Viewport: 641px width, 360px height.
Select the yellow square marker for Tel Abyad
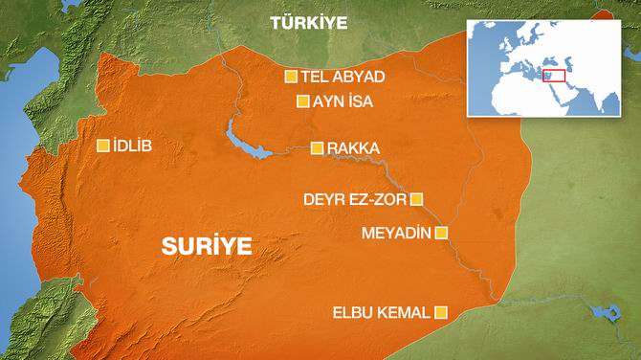(x=291, y=77)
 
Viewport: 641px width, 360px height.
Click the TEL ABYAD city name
(x=343, y=77)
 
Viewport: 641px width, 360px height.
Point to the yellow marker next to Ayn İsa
(x=302, y=101)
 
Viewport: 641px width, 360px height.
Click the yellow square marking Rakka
(x=317, y=147)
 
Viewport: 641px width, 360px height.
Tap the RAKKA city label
(x=353, y=148)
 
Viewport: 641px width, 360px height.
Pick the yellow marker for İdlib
(x=103, y=146)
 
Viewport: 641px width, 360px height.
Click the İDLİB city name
(x=132, y=146)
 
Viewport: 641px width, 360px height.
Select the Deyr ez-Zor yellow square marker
(x=416, y=199)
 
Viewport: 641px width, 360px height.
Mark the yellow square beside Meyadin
(x=441, y=232)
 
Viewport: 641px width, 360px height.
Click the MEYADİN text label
(x=396, y=233)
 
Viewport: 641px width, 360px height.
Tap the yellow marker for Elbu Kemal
(x=441, y=311)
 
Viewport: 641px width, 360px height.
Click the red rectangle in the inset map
(x=554, y=75)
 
